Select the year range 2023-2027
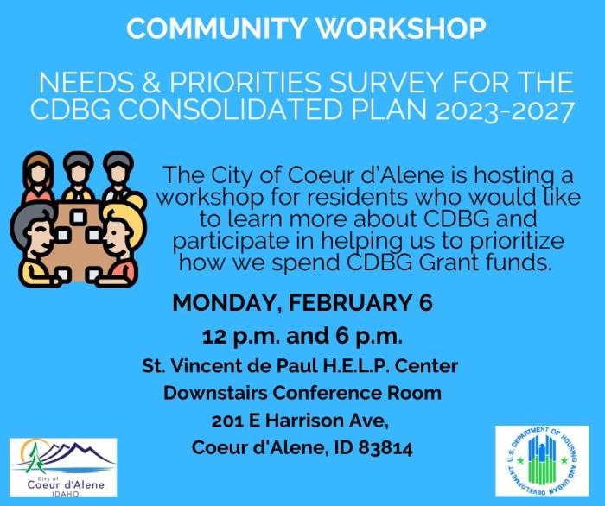coord(505,111)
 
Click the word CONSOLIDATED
coord(231,110)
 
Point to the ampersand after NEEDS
coord(151,83)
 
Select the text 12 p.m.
coord(241,337)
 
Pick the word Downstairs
coord(215,393)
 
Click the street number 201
coord(227,421)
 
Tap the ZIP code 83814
coord(385,448)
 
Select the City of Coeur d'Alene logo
coord(63,467)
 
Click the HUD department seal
coord(542,460)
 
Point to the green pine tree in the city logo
coord(35,459)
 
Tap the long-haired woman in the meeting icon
coord(38,177)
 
